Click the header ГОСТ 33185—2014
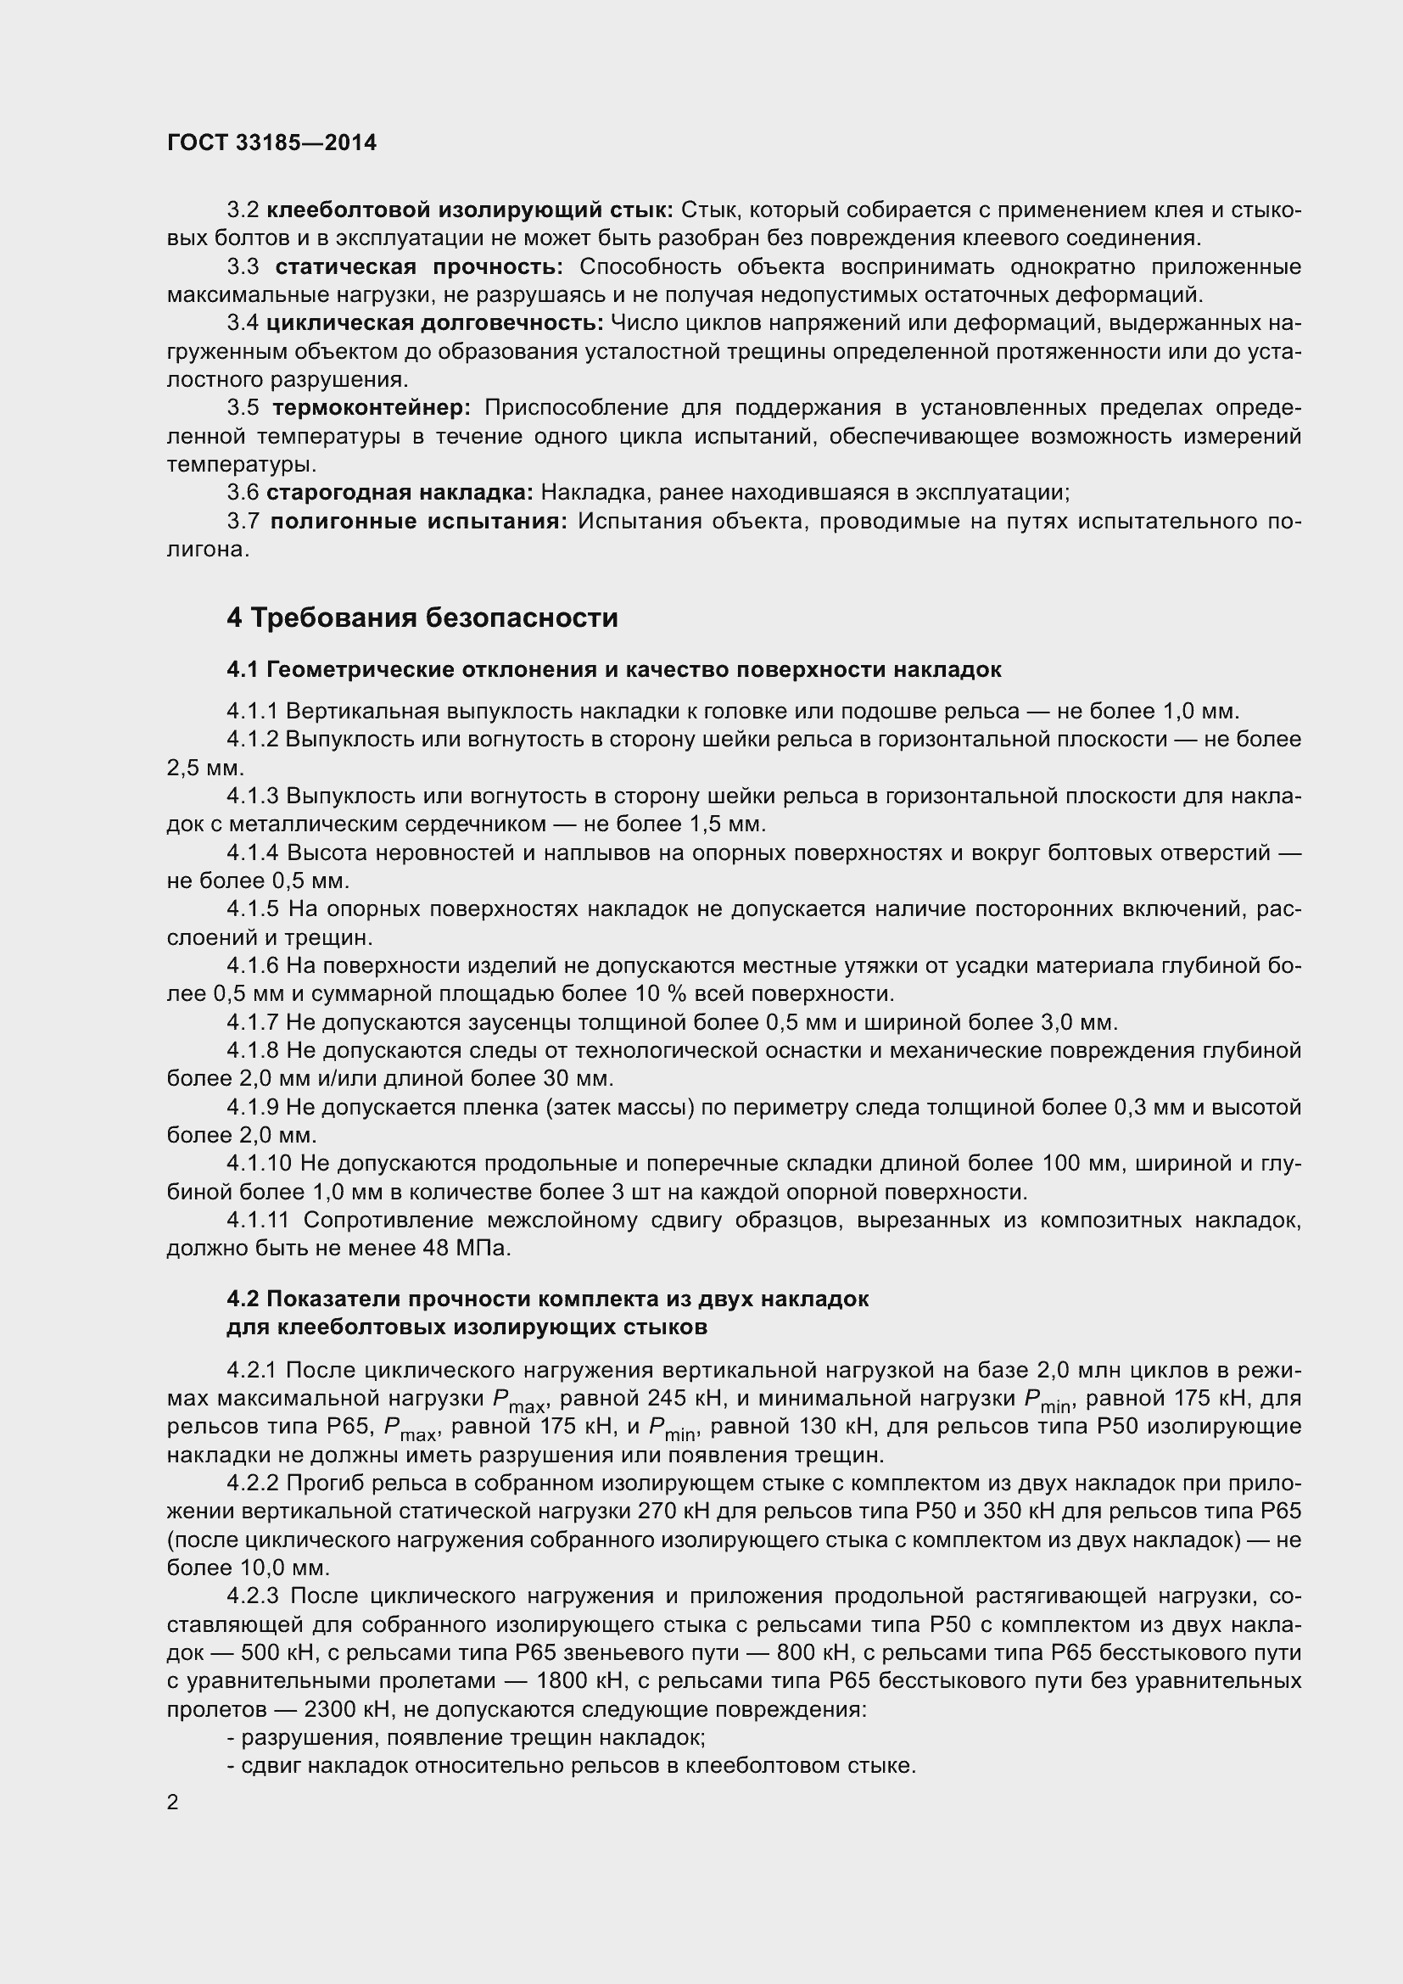(271, 143)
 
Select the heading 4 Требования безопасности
(422, 618)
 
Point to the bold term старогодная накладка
(400, 493)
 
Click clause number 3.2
(243, 210)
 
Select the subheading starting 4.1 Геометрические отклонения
(613, 670)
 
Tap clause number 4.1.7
(252, 1022)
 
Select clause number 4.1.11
(256, 1220)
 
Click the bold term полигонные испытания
(418, 521)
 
